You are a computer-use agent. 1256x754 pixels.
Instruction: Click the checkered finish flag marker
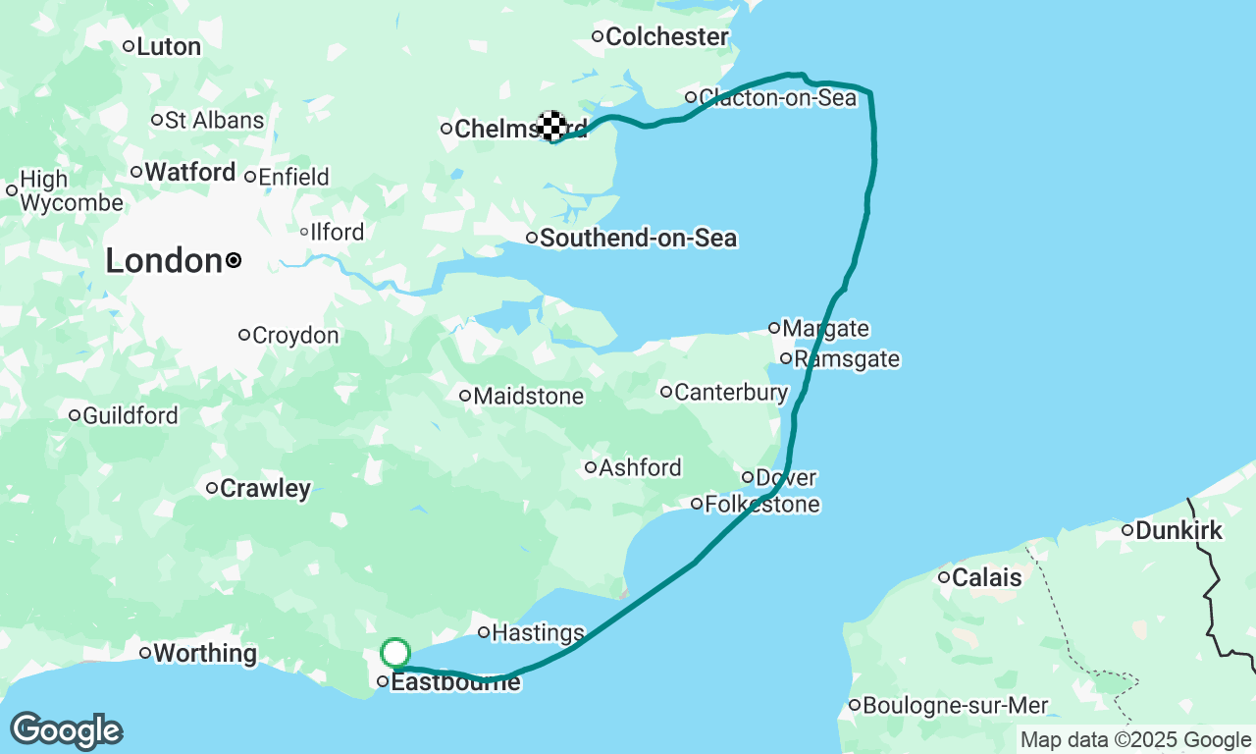click(551, 125)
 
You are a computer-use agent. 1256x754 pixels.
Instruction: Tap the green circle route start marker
click(395, 653)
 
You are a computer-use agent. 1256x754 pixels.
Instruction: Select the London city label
click(164, 261)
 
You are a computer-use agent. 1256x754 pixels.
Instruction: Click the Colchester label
click(667, 37)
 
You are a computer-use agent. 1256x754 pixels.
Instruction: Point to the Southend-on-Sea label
click(638, 238)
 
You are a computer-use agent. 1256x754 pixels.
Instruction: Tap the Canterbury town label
click(731, 393)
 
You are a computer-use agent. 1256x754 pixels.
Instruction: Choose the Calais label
click(987, 577)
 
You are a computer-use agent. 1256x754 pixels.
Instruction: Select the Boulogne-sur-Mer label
click(956, 705)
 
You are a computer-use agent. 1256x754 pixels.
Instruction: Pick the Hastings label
click(538, 632)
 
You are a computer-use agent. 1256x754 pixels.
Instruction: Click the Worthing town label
click(205, 653)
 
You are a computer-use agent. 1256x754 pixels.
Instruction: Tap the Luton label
click(169, 46)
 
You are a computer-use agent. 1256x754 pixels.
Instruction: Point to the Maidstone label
click(528, 397)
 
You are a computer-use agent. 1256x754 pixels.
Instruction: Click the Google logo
click(66, 731)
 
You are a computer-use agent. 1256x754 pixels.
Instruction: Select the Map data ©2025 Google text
click(1135, 740)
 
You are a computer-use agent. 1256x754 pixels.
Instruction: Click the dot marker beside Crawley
click(211, 488)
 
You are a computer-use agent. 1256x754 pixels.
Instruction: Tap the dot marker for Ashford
click(591, 467)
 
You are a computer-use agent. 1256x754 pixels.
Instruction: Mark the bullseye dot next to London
click(234, 260)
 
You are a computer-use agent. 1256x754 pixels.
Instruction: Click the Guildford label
click(131, 416)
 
